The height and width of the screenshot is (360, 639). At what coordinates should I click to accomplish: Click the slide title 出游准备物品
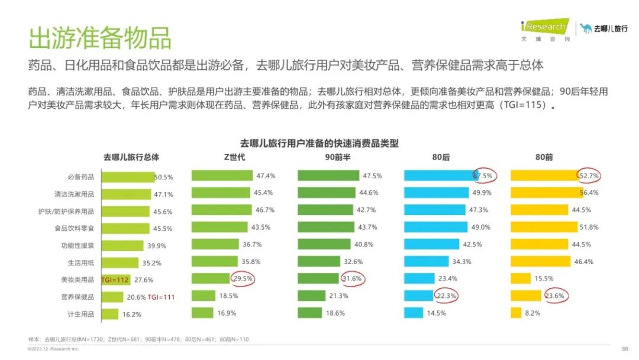(x=100, y=37)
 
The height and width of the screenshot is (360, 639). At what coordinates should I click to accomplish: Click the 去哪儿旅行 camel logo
(x=603, y=28)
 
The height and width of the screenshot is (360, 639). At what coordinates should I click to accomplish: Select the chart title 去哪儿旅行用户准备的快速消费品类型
(x=319, y=143)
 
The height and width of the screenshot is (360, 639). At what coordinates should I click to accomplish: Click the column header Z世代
(x=230, y=157)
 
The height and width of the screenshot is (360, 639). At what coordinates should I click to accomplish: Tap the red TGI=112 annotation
(x=115, y=279)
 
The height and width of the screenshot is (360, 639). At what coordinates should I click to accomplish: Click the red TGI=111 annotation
(x=161, y=297)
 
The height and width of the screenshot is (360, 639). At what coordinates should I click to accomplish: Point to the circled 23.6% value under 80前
(x=556, y=295)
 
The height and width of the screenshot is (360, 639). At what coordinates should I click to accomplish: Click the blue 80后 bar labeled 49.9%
(x=435, y=192)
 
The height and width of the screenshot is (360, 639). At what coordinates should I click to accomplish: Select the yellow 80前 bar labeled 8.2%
(x=515, y=313)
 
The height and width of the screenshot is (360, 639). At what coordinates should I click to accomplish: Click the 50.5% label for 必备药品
(x=163, y=177)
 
